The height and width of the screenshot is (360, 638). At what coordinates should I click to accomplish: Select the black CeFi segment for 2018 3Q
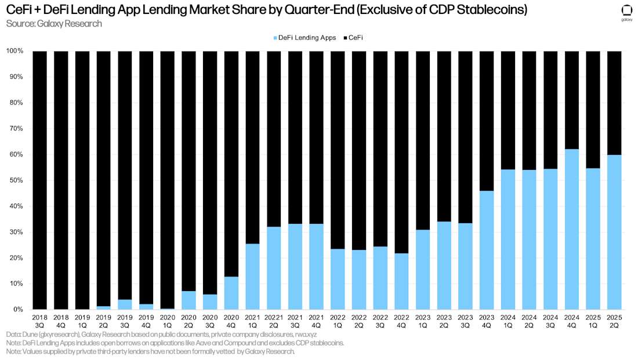click(39, 180)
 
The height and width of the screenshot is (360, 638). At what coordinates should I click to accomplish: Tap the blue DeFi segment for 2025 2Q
click(614, 232)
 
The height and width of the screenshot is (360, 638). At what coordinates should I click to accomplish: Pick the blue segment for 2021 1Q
click(252, 277)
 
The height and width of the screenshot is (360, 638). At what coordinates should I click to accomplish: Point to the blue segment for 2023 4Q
click(487, 250)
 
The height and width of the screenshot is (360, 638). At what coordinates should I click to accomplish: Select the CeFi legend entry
click(356, 38)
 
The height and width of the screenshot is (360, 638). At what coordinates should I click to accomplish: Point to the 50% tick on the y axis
click(16, 180)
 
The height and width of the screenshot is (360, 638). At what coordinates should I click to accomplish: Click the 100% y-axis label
click(14, 51)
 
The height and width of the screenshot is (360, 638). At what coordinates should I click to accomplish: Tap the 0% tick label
click(17, 310)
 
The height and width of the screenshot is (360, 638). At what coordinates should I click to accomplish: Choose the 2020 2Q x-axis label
click(188, 322)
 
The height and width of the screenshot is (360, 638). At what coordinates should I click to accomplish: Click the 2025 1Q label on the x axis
click(593, 322)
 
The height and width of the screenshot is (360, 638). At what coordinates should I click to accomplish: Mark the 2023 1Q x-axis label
click(423, 322)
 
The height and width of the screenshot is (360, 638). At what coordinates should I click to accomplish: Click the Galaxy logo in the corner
click(626, 13)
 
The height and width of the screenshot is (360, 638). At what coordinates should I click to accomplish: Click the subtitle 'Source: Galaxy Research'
click(54, 24)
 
